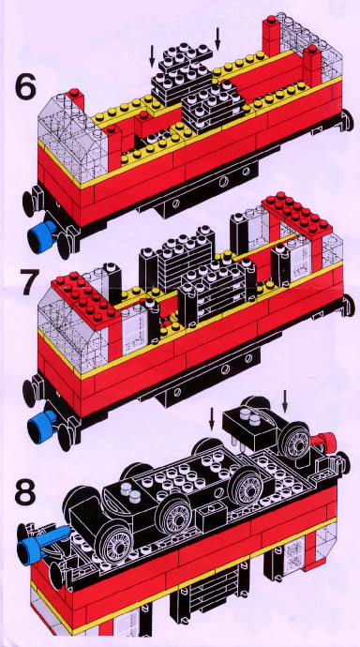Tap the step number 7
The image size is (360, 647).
pos(31,281)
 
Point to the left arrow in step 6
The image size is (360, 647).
pos(152,56)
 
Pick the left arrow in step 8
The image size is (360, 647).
pos(212,419)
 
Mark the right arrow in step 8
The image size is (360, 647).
pos(284,400)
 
